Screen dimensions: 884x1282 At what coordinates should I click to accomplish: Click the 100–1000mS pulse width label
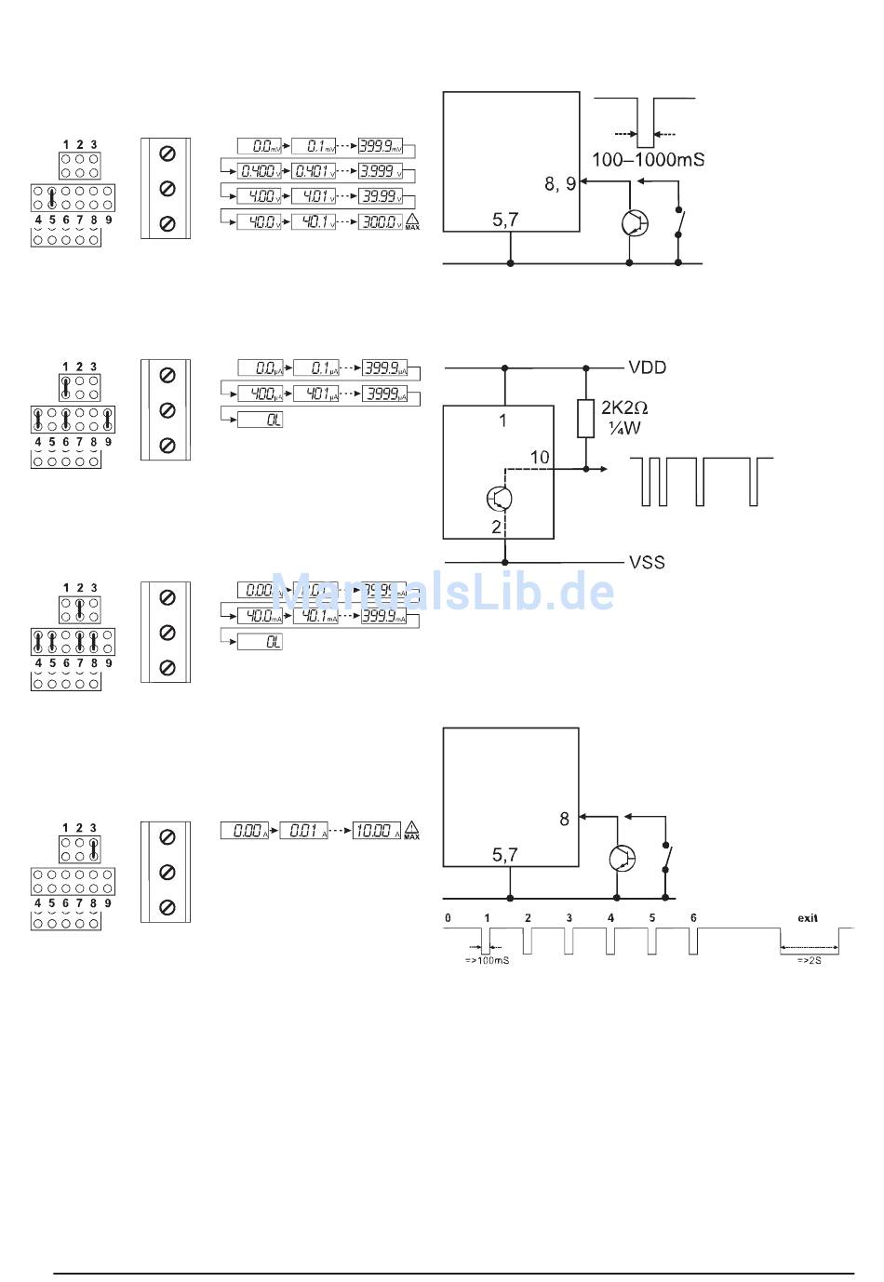[648, 160]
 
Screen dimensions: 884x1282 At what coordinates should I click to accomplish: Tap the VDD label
[647, 367]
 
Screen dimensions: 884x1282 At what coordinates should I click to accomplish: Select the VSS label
[647, 562]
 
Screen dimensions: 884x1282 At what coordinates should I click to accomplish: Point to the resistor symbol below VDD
[585, 419]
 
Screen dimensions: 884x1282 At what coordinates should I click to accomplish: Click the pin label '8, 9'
[560, 184]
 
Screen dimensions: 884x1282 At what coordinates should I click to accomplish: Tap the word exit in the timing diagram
[808, 918]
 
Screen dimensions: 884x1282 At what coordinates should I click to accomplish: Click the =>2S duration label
[809, 960]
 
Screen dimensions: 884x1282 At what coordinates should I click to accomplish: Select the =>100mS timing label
[487, 960]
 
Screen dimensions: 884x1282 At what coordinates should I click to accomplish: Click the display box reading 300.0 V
[381, 221]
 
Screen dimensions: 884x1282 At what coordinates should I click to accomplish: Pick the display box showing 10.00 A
[376, 830]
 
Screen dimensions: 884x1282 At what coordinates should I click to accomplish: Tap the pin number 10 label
[540, 457]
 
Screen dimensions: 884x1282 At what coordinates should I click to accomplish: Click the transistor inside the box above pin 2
[500, 499]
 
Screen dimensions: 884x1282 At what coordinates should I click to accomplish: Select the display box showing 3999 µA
[384, 394]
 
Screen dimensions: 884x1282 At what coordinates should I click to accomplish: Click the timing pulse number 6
[693, 918]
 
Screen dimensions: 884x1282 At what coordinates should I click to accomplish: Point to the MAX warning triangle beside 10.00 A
[411, 830]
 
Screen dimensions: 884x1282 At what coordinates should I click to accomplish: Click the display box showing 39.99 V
[381, 196]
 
